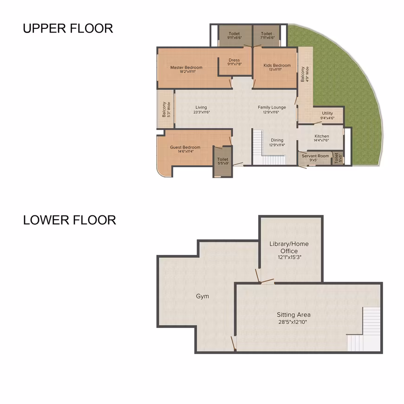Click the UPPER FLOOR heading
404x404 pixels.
point(68,28)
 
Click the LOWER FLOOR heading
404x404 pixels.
point(70,220)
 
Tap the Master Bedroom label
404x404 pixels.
point(186,67)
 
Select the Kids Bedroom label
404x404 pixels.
point(277,65)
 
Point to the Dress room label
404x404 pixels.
point(234,60)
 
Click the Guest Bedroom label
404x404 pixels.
point(185,147)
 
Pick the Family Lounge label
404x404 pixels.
point(272,107)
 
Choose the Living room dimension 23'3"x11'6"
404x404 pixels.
point(202,112)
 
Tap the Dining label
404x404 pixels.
point(277,140)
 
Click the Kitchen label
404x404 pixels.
point(321,136)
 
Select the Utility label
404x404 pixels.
point(327,113)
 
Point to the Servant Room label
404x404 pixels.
point(315,156)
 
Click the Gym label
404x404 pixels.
point(202,296)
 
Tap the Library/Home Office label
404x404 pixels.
point(289,248)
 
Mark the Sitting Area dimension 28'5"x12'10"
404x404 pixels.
point(293,322)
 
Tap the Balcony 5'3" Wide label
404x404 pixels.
point(166,110)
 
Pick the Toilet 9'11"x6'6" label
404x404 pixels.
point(234,35)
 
